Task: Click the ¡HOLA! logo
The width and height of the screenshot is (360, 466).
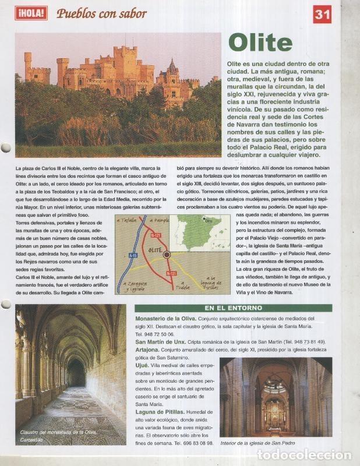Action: coord(31,13)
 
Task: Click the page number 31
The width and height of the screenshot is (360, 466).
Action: coord(322,14)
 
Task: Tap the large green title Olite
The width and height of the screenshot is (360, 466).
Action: coord(260,43)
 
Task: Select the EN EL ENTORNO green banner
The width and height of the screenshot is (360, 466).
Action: coord(233,308)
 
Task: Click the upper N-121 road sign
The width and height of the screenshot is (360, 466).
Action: coord(155,235)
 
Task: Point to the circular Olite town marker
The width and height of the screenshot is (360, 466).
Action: coord(167,255)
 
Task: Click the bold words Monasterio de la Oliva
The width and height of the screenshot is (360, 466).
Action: coord(169,319)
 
